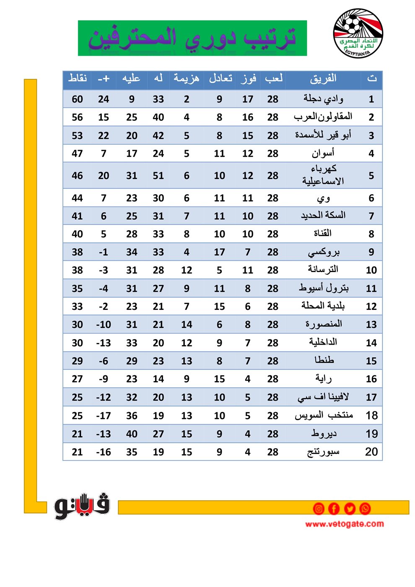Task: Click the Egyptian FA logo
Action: point(358,33)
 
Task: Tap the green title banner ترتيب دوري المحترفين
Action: point(192,38)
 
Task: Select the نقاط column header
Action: point(78,79)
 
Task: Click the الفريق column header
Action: point(323,79)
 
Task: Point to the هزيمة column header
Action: point(187,79)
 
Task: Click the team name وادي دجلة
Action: point(323,99)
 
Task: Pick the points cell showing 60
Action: point(78,99)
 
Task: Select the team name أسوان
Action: point(323,153)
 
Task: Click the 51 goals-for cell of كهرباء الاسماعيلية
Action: point(158,176)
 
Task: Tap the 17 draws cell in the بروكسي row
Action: point(219,252)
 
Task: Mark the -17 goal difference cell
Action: point(104,416)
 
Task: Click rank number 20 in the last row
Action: point(371,452)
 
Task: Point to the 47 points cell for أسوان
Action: point(78,154)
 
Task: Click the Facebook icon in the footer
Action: point(334,509)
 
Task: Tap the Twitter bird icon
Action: point(350,509)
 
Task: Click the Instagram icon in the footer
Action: point(319,509)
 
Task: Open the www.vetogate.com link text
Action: point(344,524)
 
